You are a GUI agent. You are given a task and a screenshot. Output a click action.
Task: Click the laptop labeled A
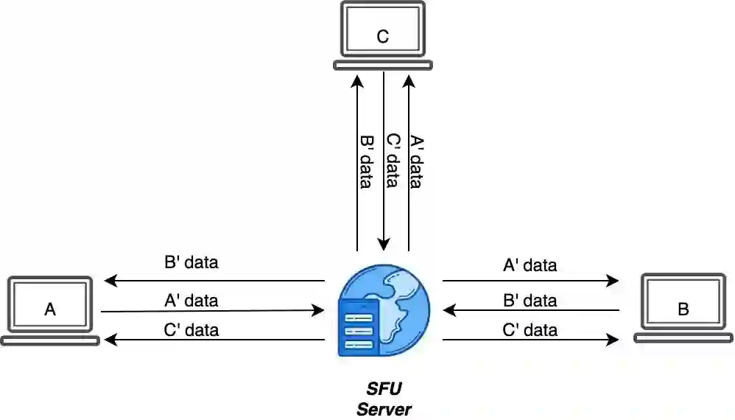[50, 310]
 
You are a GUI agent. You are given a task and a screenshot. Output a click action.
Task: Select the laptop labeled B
[683, 308]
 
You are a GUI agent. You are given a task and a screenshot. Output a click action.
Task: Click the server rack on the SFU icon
[358, 327]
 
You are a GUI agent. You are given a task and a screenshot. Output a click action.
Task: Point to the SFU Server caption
[384, 399]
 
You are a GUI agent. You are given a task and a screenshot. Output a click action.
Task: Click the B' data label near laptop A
[191, 262]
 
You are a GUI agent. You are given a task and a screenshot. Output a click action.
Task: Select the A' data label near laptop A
[191, 301]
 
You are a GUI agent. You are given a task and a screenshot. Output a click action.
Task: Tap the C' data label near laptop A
[191, 329]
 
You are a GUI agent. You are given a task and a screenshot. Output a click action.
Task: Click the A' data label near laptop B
[530, 265]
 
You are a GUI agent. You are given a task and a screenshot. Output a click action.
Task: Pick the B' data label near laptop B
[530, 301]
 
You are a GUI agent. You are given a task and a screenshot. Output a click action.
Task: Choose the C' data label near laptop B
[530, 329]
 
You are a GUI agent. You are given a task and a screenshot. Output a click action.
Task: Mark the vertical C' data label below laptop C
[393, 161]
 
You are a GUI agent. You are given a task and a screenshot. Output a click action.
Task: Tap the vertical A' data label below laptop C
[417, 161]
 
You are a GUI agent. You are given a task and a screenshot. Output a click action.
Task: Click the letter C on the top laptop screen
[382, 36]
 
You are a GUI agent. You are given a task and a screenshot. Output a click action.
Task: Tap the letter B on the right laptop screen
[683, 309]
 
